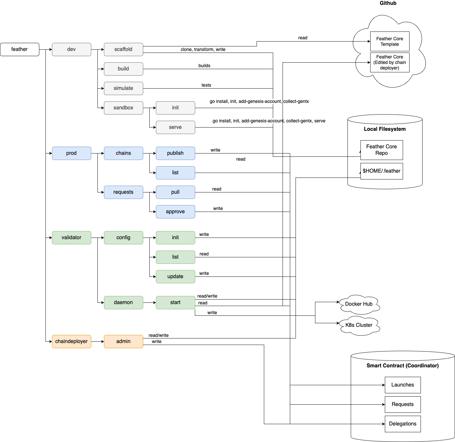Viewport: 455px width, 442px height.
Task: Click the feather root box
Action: (x=19, y=49)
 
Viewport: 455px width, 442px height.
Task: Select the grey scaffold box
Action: (x=123, y=49)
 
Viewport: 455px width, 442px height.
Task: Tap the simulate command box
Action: (x=123, y=88)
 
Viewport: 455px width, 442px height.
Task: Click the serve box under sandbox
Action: (x=175, y=127)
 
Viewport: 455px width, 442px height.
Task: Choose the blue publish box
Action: (x=175, y=153)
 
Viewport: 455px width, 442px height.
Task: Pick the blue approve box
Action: (x=175, y=212)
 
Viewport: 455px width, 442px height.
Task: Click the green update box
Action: (x=175, y=276)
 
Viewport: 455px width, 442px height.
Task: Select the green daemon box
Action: (x=123, y=302)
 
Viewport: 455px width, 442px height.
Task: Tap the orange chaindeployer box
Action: (x=71, y=341)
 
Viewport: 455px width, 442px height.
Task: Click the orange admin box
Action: (x=123, y=341)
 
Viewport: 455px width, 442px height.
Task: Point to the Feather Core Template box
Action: (x=390, y=41)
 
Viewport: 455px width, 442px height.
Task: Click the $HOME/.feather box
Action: (x=382, y=171)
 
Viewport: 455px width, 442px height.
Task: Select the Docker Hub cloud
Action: (x=359, y=304)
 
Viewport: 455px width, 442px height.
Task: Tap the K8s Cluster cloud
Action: (x=359, y=325)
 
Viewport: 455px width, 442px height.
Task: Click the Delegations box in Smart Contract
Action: (x=403, y=424)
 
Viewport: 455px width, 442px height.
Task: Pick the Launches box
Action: (x=403, y=385)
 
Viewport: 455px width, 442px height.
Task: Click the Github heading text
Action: (x=388, y=3)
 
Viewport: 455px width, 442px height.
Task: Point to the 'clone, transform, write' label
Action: (x=203, y=49)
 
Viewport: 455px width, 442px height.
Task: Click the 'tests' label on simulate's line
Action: (x=206, y=85)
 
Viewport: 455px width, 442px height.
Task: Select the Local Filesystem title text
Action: (x=385, y=129)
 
